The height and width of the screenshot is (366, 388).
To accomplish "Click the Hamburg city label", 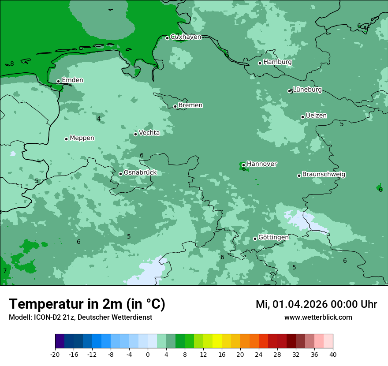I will (x=277, y=62).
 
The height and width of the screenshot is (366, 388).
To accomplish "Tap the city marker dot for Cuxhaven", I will (x=167, y=38).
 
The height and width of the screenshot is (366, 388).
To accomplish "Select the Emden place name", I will (x=72, y=80).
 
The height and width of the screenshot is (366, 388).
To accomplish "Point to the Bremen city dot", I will (x=175, y=106).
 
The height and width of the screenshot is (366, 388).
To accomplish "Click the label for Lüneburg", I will (x=307, y=90).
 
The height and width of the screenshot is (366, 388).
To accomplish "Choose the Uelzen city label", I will (x=316, y=116).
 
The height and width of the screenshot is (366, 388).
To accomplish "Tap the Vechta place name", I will (x=149, y=133).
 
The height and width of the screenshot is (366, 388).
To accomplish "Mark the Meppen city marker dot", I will (x=66, y=139).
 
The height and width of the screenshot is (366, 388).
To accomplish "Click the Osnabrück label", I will (x=140, y=172).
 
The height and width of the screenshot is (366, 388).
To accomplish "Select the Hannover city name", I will (x=261, y=164).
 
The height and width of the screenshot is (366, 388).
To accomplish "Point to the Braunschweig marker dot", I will (x=299, y=176).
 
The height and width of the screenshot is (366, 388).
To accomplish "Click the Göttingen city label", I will (x=273, y=237).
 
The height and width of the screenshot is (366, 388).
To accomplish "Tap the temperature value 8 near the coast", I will (x=12, y=63).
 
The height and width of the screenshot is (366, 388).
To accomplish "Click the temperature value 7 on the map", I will (x=5, y=271).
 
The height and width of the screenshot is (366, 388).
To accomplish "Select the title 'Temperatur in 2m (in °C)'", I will (x=87, y=304).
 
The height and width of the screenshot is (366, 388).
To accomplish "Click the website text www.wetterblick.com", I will (x=318, y=317).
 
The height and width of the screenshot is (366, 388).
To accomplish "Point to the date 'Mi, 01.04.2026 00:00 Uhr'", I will (x=316, y=304).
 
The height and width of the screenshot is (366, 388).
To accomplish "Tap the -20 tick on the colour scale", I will (x=55, y=354).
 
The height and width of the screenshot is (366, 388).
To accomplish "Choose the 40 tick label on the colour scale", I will (x=332, y=354).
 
